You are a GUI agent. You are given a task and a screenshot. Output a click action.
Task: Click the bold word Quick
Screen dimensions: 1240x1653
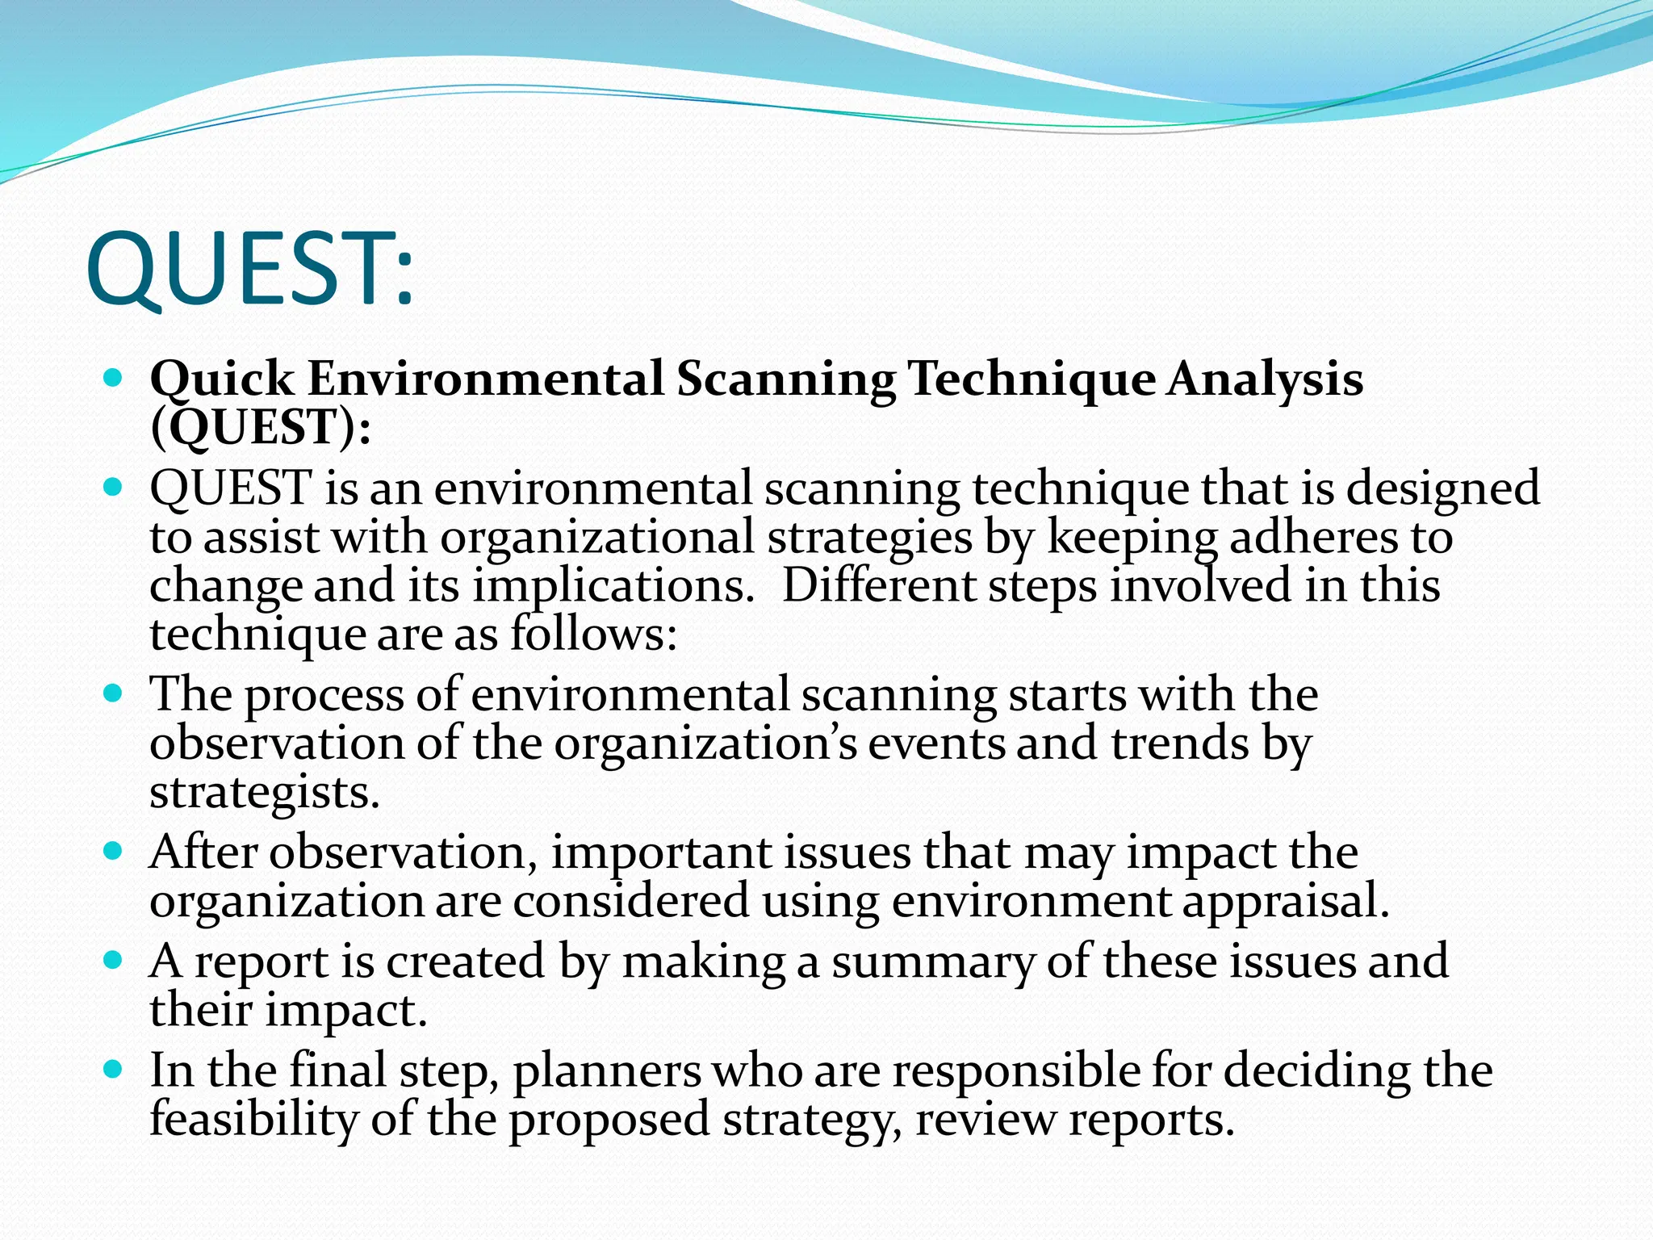point(222,379)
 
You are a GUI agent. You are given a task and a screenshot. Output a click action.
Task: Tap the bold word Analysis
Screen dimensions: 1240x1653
point(1266,379)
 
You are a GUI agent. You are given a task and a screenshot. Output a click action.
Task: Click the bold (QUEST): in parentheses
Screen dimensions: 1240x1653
point(261,428)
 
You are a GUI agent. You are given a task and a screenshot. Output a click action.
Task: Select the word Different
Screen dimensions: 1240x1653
point(879,586)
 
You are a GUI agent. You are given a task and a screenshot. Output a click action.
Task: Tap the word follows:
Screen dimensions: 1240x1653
point(593,635)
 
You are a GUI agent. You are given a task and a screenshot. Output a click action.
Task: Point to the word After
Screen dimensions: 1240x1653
point(203,852)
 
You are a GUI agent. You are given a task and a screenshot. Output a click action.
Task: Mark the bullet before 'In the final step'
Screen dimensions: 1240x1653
point(113,1070)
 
